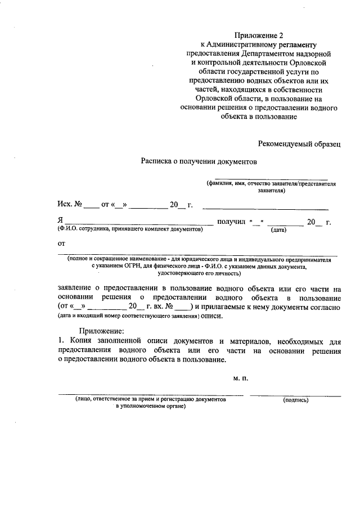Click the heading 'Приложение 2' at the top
click(x=259, y=35)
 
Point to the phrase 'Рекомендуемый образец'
click(x=299, y=145)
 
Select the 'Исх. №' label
click(x=70, y=204)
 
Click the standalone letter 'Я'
click(x=60, y=222)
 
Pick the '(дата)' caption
click(x=279, y=230)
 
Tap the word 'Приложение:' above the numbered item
click(x=104, y=331)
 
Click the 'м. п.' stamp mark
click(x=240, y=379)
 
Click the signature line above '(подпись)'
click(x=295, y=395)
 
